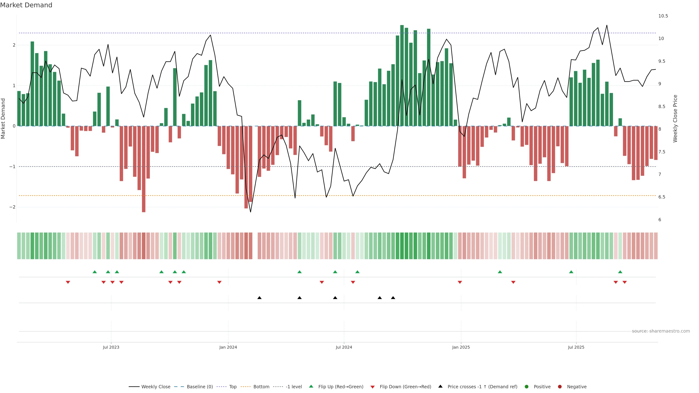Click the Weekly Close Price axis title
point(675,118)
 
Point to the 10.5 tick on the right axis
point(663,16)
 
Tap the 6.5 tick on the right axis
point(662,197)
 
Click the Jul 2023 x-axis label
point(111,347)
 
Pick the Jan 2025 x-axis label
point(461,347)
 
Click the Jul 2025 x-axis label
point(576,347)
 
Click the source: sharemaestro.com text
point(661,331)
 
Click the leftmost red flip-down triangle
point(68,282)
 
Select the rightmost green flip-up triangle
point(620,272)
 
